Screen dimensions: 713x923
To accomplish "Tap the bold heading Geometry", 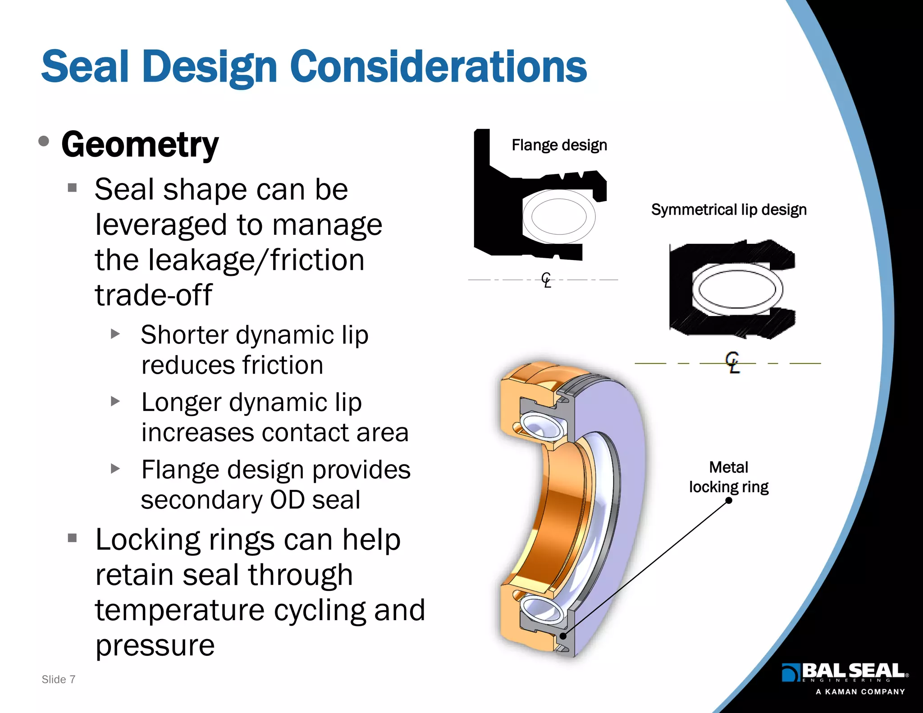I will [140, 145].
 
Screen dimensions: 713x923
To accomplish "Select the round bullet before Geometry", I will [44, 142].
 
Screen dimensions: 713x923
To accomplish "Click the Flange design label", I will [559, 145].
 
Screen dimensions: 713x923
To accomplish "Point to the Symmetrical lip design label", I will [729, 210].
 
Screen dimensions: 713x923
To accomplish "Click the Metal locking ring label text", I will [728, 477].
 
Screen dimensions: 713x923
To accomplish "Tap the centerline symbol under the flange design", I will [546, 280].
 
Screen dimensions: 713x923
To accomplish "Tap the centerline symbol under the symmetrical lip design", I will [733, 362].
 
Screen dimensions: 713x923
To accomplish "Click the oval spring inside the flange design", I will [559, 216].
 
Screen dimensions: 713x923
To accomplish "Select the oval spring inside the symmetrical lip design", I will [737, 289].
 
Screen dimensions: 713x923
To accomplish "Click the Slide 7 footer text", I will [58, 679].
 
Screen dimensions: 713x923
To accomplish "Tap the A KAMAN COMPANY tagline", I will [860, 692].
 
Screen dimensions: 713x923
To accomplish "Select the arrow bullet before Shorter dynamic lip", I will [115, 334].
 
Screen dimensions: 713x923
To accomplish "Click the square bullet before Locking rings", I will [73, 538].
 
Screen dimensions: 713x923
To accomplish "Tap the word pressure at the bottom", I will [155, 645].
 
